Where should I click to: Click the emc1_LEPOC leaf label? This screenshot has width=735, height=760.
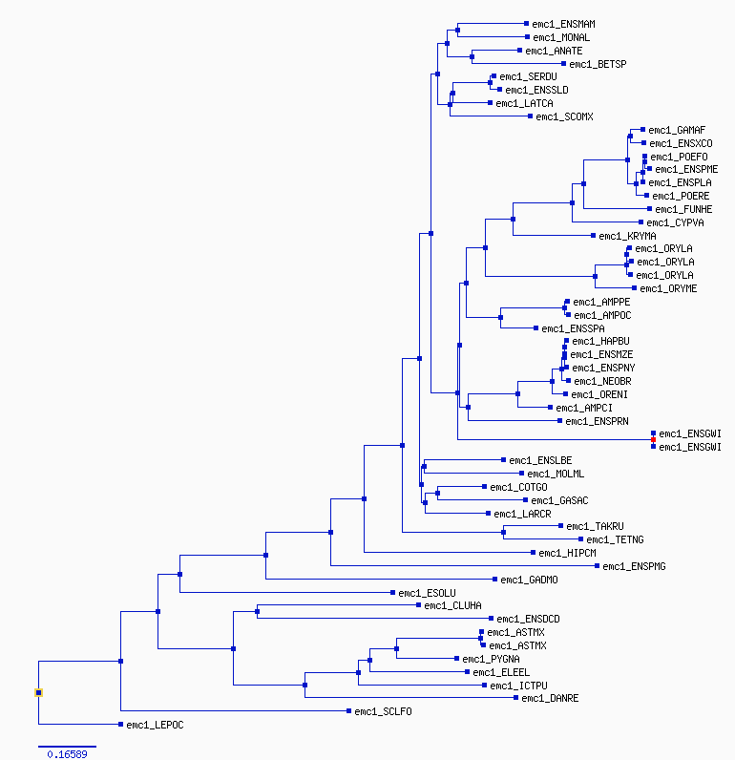(x=155, y=725)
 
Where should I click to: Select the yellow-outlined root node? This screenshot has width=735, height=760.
(x=39, y=692)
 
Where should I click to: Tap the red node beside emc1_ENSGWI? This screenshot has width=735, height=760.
(x=653, y=439)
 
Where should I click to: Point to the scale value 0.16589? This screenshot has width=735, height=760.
(x=68, y=754)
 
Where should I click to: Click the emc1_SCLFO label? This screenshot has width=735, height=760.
(x=383, y=711)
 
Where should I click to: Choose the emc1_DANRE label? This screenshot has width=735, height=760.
(x=550, y=698)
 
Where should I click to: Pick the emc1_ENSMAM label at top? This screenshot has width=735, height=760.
(x=563, y=24)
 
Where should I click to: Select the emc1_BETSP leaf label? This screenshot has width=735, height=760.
(x=598, y=64)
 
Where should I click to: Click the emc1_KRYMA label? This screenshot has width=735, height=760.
(x=627, y=236)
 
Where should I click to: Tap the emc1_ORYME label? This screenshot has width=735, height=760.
(x=668, y=288)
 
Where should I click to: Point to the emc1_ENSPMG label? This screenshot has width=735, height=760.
(x=634, y=566)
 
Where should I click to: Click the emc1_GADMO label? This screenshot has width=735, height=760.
(x=529, y=580)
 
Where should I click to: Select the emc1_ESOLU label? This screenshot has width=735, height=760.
(x=427, y=593)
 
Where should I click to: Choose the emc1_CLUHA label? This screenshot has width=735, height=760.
(x=452, y=605)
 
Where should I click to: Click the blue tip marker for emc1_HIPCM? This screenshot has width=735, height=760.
(x=533, y=553)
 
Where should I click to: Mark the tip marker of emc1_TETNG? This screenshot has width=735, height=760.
(x=581, y=539)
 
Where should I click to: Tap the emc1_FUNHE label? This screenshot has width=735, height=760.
(x=683, y=209)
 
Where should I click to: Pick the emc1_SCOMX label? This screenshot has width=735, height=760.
(x=564, y=116)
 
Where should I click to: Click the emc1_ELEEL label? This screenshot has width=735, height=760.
(x=501, y=672)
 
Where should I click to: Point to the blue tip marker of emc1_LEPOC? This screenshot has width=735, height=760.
(x=120, y=725)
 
